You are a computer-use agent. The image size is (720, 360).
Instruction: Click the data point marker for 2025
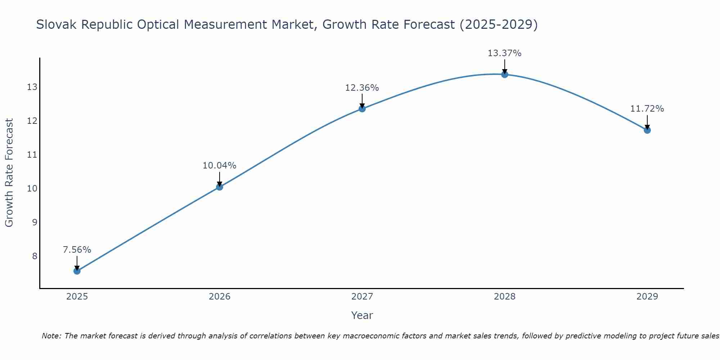point(77,271)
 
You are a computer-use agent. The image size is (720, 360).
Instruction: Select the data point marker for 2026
point(220,187)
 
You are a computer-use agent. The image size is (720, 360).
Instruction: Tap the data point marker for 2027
point(362,109)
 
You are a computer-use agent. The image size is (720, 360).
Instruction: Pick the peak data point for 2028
point(505,75)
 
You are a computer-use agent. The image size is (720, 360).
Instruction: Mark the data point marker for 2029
point(647,130)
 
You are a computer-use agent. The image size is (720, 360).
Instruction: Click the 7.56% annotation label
point(77,250)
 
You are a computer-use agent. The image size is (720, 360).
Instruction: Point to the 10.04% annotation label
point(220,166)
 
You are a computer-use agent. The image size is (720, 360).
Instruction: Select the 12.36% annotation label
point(362,88)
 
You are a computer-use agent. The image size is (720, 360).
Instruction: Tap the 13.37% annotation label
point(505,53)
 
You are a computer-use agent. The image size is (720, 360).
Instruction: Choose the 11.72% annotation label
point(647,109)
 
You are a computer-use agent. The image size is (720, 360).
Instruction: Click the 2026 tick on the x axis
point(220,297)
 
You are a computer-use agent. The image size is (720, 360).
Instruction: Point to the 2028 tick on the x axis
point(505,297)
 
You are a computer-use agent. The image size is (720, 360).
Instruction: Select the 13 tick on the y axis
point(32,87)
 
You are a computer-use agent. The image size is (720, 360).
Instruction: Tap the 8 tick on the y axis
point(35,256)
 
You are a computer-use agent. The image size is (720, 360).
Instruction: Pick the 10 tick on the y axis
point(32,188)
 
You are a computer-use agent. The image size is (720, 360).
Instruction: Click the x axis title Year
point(362,315)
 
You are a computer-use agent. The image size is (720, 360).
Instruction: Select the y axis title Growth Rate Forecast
point(9,173)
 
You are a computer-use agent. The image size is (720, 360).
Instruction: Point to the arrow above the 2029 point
point(647,122)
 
